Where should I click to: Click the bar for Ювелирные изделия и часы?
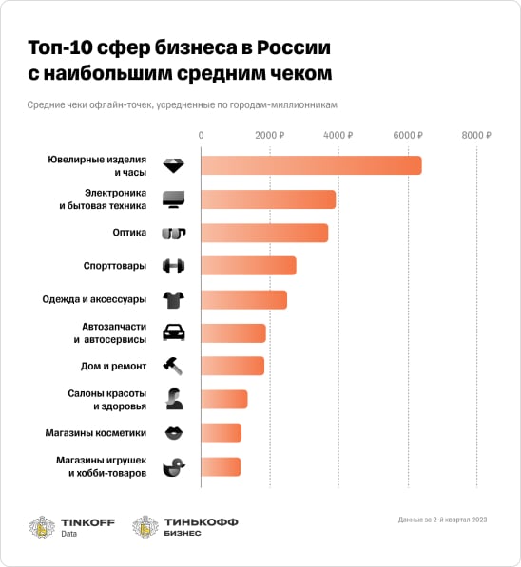click(x=311, y=165)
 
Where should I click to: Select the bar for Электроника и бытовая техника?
click(x=268, y=198)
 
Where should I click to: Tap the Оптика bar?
click(x=264, y=233)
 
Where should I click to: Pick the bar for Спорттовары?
click(x=248, y=266)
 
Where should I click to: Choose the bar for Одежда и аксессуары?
click(x=243, y=300)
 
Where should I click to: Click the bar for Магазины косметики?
click(x=221, y=433)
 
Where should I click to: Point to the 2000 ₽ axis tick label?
click(x=270, y=135)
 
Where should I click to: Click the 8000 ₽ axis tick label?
click(x=476, y=135)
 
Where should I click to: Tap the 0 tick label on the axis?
click(x=201, y=135)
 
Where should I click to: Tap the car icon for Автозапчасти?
click(x=174, y=332)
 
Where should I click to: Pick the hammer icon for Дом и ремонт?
click(x=174, y=366)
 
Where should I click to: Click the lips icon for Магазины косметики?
click(x=174, y=433)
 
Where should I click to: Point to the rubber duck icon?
click(x=174, y=466)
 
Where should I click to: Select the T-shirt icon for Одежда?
click(x=174, y=300)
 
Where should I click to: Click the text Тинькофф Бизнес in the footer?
click(x=202, y=527)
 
